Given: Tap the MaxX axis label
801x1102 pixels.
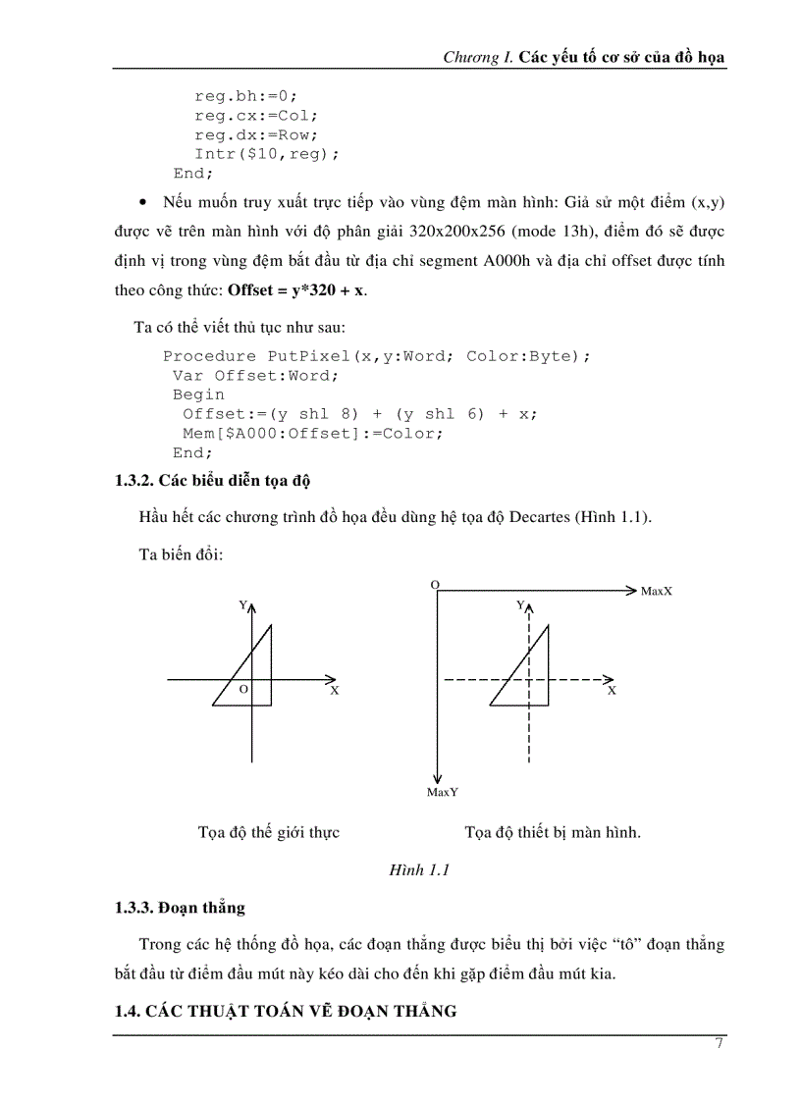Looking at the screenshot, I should tap(656, 591).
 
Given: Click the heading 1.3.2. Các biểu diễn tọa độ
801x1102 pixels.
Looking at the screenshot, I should tap(213, 480).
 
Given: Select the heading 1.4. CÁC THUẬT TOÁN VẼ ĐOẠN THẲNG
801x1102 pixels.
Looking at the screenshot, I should tap(286, 1011).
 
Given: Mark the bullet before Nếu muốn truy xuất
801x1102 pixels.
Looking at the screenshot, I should tap(144, 202).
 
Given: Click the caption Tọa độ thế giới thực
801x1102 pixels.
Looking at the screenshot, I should tap(268, 832).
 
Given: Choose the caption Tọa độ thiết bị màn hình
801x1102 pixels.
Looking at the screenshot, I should tap(553, 832).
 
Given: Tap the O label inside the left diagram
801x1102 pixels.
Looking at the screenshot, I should tap(242, 690).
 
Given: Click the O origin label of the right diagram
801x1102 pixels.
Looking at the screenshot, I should tap(434, 584).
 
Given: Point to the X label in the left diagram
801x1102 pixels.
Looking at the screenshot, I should tap(334, 691).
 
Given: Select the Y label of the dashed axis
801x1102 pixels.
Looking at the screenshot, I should tap(520, 605).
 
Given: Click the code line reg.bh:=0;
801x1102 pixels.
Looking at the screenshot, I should tap(244, 96).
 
